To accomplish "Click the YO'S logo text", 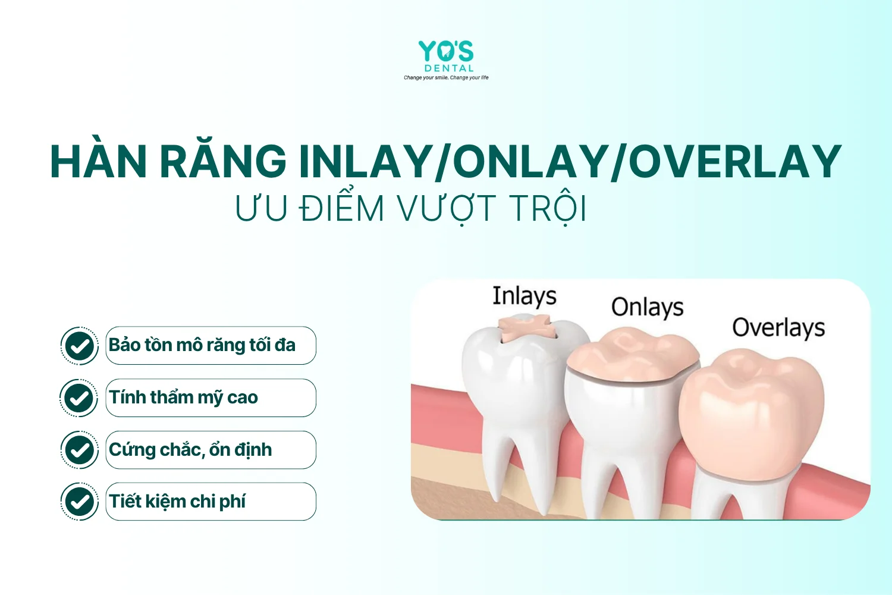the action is coord(446,51).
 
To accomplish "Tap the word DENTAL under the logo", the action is coord(449,68).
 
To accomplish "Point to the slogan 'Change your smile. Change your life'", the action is coord(446,77).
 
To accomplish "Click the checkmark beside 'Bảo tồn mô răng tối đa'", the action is coord(80,346).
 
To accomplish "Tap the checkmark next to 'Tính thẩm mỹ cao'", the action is coord(79,398).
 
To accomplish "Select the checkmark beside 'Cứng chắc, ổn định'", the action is coord(80,450).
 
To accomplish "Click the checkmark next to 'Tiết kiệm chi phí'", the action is coord(80,502).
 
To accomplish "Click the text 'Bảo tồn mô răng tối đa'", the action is coord(202,345).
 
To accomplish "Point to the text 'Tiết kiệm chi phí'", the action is coord(177,502).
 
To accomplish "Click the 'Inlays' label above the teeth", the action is coord(524,296).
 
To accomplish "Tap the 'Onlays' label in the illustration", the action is coord(648,308).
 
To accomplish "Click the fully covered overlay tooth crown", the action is coord(751,415).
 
